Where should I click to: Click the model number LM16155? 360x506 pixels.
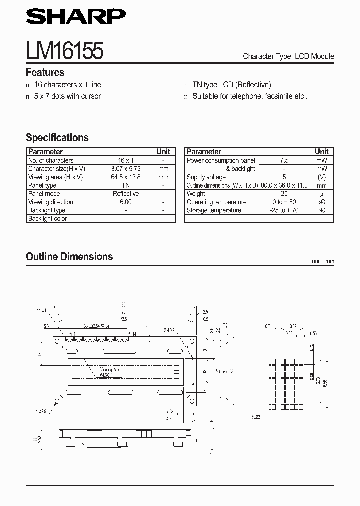tap(65, 51)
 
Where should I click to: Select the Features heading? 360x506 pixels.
tap(45, 72)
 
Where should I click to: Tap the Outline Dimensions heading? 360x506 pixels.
tap(69, 257)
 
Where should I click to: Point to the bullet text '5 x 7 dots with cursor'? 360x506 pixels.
tap(67, 96)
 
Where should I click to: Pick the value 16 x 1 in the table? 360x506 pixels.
tap(125, 160)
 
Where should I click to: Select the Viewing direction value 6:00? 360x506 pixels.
tap(125, 202)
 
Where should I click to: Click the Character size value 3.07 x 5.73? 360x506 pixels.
tap(125, 169)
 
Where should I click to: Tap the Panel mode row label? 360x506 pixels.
tap(44, 194)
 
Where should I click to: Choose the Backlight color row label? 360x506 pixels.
tap(47, 219)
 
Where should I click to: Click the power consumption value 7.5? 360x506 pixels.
tap(284, 160)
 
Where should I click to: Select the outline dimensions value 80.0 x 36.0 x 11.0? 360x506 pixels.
tap(284, 185)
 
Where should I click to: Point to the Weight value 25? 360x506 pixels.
tap(284, 194)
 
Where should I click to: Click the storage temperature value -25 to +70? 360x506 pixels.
tap(284, 210)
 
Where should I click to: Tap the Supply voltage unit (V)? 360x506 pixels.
tap(322, 177)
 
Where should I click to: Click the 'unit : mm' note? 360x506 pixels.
tap(322, 261)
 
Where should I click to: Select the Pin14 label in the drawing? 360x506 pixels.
tap(132, 334)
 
